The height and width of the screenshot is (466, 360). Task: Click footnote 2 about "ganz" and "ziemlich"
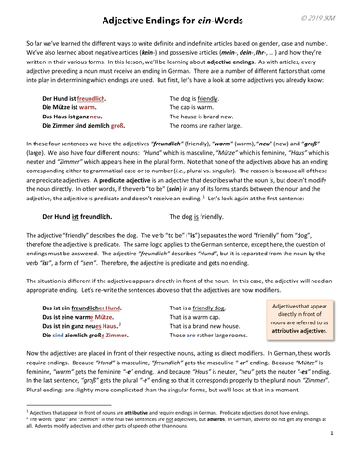click(177, 445)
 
